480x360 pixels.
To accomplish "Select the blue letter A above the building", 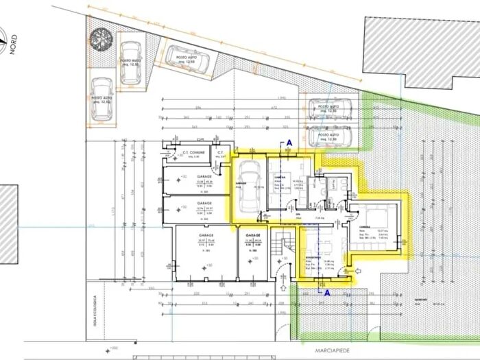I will coord(289,142).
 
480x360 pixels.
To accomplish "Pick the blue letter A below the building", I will coord(327,292).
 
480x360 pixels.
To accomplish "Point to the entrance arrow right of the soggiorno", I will coord(355,273).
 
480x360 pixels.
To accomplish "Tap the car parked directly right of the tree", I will coord(130,61).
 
